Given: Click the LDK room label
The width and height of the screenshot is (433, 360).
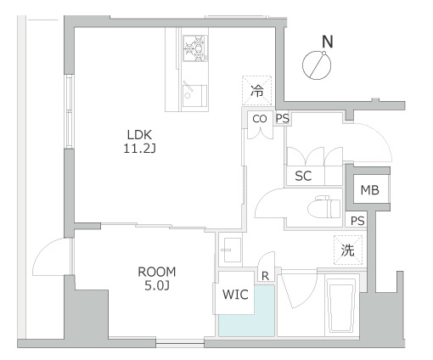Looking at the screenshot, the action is tap(139, 135).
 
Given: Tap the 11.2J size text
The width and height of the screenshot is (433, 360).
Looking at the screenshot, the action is tap(139, 149).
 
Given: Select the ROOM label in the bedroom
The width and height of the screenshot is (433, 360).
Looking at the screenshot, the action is tap(157, 272).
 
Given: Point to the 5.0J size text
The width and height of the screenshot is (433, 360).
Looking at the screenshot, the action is tap(157, 286).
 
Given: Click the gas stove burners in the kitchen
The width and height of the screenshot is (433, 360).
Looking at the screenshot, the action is tap(195, 48).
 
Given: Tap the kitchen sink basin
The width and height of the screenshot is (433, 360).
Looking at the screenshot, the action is tap(194, 96).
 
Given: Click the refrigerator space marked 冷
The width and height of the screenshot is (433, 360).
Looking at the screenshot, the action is tap(257, 91).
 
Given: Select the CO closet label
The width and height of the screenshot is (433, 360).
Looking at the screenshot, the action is tap(260, 119).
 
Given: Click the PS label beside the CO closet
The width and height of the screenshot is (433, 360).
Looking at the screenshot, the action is tap(283, 119).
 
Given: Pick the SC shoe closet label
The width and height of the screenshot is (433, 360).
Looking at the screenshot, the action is tap(303, 176).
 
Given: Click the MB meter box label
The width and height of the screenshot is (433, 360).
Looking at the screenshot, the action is tap(369, 190).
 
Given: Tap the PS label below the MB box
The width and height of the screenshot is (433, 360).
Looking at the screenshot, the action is tap(357, 221).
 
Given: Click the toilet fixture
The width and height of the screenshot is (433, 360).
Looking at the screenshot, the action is tap(324, 208).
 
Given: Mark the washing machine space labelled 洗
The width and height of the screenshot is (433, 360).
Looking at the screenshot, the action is tap(348, 250).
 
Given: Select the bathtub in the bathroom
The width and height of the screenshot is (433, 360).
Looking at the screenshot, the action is tap(340, 305).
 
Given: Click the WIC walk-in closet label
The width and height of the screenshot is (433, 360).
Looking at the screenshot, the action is tap(235, 295).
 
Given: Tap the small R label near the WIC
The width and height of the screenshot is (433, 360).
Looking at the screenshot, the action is tap(265, 276).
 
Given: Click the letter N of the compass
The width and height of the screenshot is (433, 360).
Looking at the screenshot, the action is tap(328, 42).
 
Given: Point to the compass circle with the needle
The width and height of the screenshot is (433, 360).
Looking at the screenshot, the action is tap(317, 65).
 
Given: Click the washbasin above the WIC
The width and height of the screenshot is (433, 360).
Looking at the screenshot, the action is tap(232, 250).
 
